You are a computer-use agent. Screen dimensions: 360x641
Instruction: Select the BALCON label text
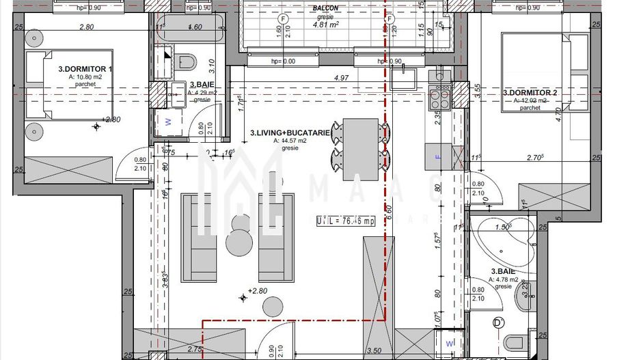(325, 8)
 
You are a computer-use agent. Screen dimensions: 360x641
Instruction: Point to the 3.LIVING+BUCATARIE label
(291, 133)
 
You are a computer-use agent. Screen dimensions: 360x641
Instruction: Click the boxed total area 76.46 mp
(346, 221)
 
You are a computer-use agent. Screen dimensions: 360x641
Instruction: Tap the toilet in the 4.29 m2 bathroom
(185, 62)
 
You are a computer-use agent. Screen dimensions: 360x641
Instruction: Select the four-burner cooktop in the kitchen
(438, 100)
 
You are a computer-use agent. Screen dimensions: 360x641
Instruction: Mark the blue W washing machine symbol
(168, 124)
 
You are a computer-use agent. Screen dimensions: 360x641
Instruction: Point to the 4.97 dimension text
(341, 78)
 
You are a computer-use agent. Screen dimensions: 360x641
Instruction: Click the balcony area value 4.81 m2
(325, 25)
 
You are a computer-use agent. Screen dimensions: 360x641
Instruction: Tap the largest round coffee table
(241, 243)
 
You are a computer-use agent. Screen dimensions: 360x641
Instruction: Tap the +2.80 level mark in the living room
(256, 292)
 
